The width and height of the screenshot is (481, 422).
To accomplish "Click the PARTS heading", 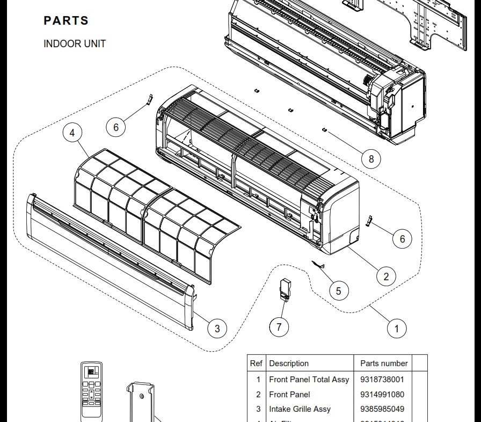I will [66, 21].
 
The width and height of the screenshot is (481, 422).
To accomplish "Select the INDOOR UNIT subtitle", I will [75, 44].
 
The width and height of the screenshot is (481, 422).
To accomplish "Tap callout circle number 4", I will [72, 133].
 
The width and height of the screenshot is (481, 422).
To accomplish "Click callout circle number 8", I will [371, 158].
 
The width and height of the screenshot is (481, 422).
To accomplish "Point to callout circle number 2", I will [386, 277].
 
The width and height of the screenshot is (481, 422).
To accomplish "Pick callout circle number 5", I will [338, 291].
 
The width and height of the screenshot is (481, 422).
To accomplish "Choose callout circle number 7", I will [279, 326].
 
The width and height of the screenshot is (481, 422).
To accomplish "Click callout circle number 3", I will [217, 328].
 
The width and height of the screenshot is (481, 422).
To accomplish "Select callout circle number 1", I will [397, 328].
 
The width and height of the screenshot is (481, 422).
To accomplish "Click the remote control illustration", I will [91, 392].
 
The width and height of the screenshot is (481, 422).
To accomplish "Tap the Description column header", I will [289, 363].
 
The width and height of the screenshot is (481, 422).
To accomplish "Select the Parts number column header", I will [384, 363].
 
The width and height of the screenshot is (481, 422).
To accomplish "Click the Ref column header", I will [256, 363].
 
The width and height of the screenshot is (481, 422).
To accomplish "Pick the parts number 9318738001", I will [382, 380].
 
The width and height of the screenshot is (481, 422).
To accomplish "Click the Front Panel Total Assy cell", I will [309, 380].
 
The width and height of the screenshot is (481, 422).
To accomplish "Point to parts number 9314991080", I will [382, 395].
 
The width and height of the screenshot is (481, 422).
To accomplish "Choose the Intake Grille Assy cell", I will [300, 409].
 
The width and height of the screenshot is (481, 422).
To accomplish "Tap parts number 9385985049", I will [382, 409].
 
